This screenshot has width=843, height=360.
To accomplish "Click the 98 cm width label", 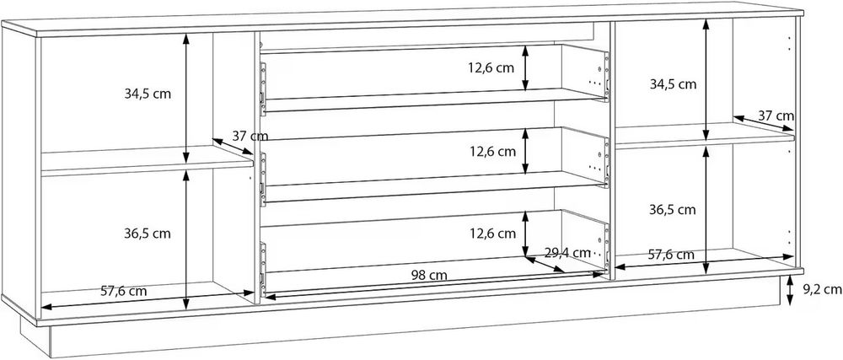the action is point(429,275).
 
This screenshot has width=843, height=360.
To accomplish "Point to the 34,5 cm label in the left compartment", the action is point(148,94).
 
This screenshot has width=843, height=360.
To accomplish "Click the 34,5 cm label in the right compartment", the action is point(673,83).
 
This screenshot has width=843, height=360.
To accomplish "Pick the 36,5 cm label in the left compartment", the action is point(148,232).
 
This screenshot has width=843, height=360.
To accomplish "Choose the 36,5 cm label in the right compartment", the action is point(673,208).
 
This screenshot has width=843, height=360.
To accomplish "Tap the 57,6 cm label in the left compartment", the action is point(125,291).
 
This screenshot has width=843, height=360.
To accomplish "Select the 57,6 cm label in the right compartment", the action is point(671,254).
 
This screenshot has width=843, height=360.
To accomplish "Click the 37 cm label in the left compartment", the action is point(250,135).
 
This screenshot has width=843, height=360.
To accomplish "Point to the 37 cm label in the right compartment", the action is point(776,115).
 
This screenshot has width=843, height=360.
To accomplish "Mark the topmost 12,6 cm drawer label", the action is point(494,68).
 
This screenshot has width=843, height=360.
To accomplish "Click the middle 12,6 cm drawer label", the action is point(494,152).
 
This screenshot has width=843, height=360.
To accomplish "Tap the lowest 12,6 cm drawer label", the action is point(494,233).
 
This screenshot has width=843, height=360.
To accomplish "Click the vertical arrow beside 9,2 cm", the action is point(789,291).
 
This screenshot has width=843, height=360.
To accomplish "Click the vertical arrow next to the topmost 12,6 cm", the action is point(526,67).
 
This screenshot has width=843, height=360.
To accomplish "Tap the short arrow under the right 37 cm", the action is point(763,123).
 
